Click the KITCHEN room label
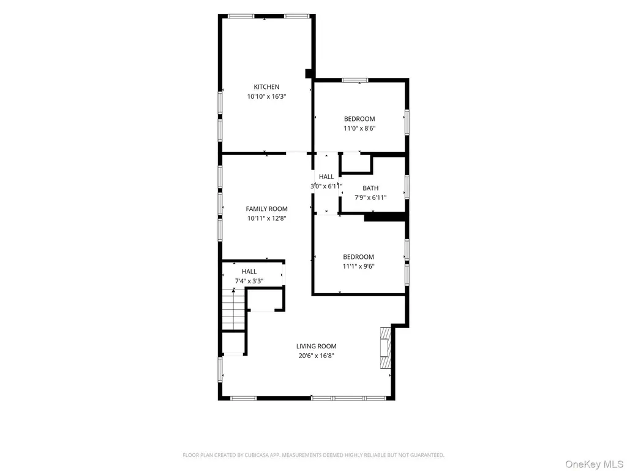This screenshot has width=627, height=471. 266,87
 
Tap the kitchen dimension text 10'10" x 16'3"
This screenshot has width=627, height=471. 266,96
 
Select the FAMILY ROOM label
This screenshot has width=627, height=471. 266,209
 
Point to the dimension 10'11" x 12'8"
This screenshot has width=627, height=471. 266,218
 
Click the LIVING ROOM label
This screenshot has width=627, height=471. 317,346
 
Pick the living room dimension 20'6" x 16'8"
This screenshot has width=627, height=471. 317,356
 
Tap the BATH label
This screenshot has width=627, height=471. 370,188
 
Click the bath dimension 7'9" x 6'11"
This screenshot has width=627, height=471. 370,197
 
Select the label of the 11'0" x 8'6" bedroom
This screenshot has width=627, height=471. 359,119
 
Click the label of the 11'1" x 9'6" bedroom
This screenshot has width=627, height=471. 358,257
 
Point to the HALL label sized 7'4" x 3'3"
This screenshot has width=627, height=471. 249,272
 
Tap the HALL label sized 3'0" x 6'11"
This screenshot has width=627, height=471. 326,177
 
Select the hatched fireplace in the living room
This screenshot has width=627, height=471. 385,348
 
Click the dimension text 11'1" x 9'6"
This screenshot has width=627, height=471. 358,266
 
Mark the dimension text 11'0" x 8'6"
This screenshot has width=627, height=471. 359,129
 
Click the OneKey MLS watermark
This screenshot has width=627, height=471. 594,464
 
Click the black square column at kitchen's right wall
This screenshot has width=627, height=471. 309,74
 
